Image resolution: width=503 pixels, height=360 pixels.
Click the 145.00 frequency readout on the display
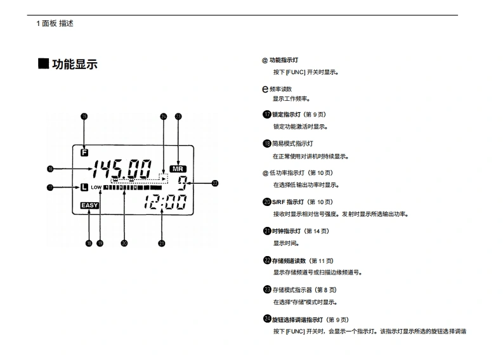122,169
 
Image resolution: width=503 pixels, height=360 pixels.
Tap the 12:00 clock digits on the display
164,202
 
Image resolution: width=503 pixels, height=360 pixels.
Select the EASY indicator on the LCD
89,205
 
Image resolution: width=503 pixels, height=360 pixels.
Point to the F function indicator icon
85,152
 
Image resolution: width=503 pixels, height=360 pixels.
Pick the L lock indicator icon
84,187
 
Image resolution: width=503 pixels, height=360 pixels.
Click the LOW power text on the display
96,188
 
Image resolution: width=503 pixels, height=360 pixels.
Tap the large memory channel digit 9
182,184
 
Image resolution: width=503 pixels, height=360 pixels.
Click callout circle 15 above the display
84,116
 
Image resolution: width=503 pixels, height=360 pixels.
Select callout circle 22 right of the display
215,184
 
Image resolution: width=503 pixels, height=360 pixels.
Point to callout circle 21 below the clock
162,243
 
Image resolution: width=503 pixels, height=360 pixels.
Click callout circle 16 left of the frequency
50,169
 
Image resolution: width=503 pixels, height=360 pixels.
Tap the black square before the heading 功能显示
43,63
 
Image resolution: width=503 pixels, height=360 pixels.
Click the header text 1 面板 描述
55,23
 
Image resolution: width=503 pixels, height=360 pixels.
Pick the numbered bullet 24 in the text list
267,319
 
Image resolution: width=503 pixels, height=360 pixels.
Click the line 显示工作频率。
291,99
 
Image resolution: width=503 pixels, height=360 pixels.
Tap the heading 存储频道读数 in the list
289,260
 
